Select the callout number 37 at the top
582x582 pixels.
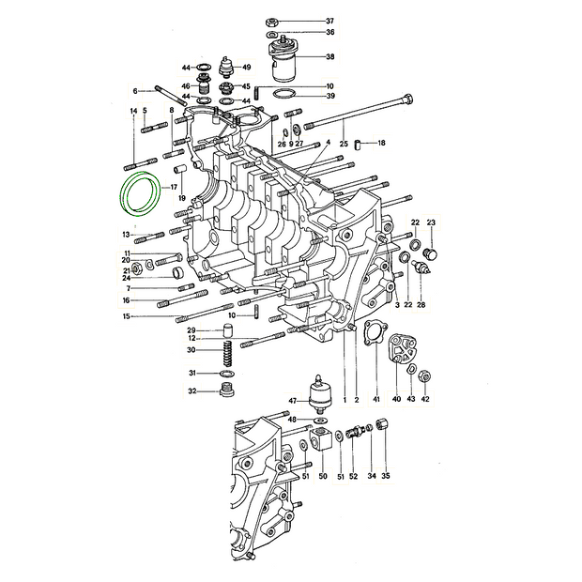329,21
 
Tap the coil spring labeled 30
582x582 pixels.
229,353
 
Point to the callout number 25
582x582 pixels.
344,144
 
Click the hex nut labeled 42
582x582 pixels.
424,377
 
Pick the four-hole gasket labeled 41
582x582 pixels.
366,331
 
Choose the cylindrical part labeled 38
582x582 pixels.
284,61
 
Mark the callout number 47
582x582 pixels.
293,401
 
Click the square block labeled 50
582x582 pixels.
320,438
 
